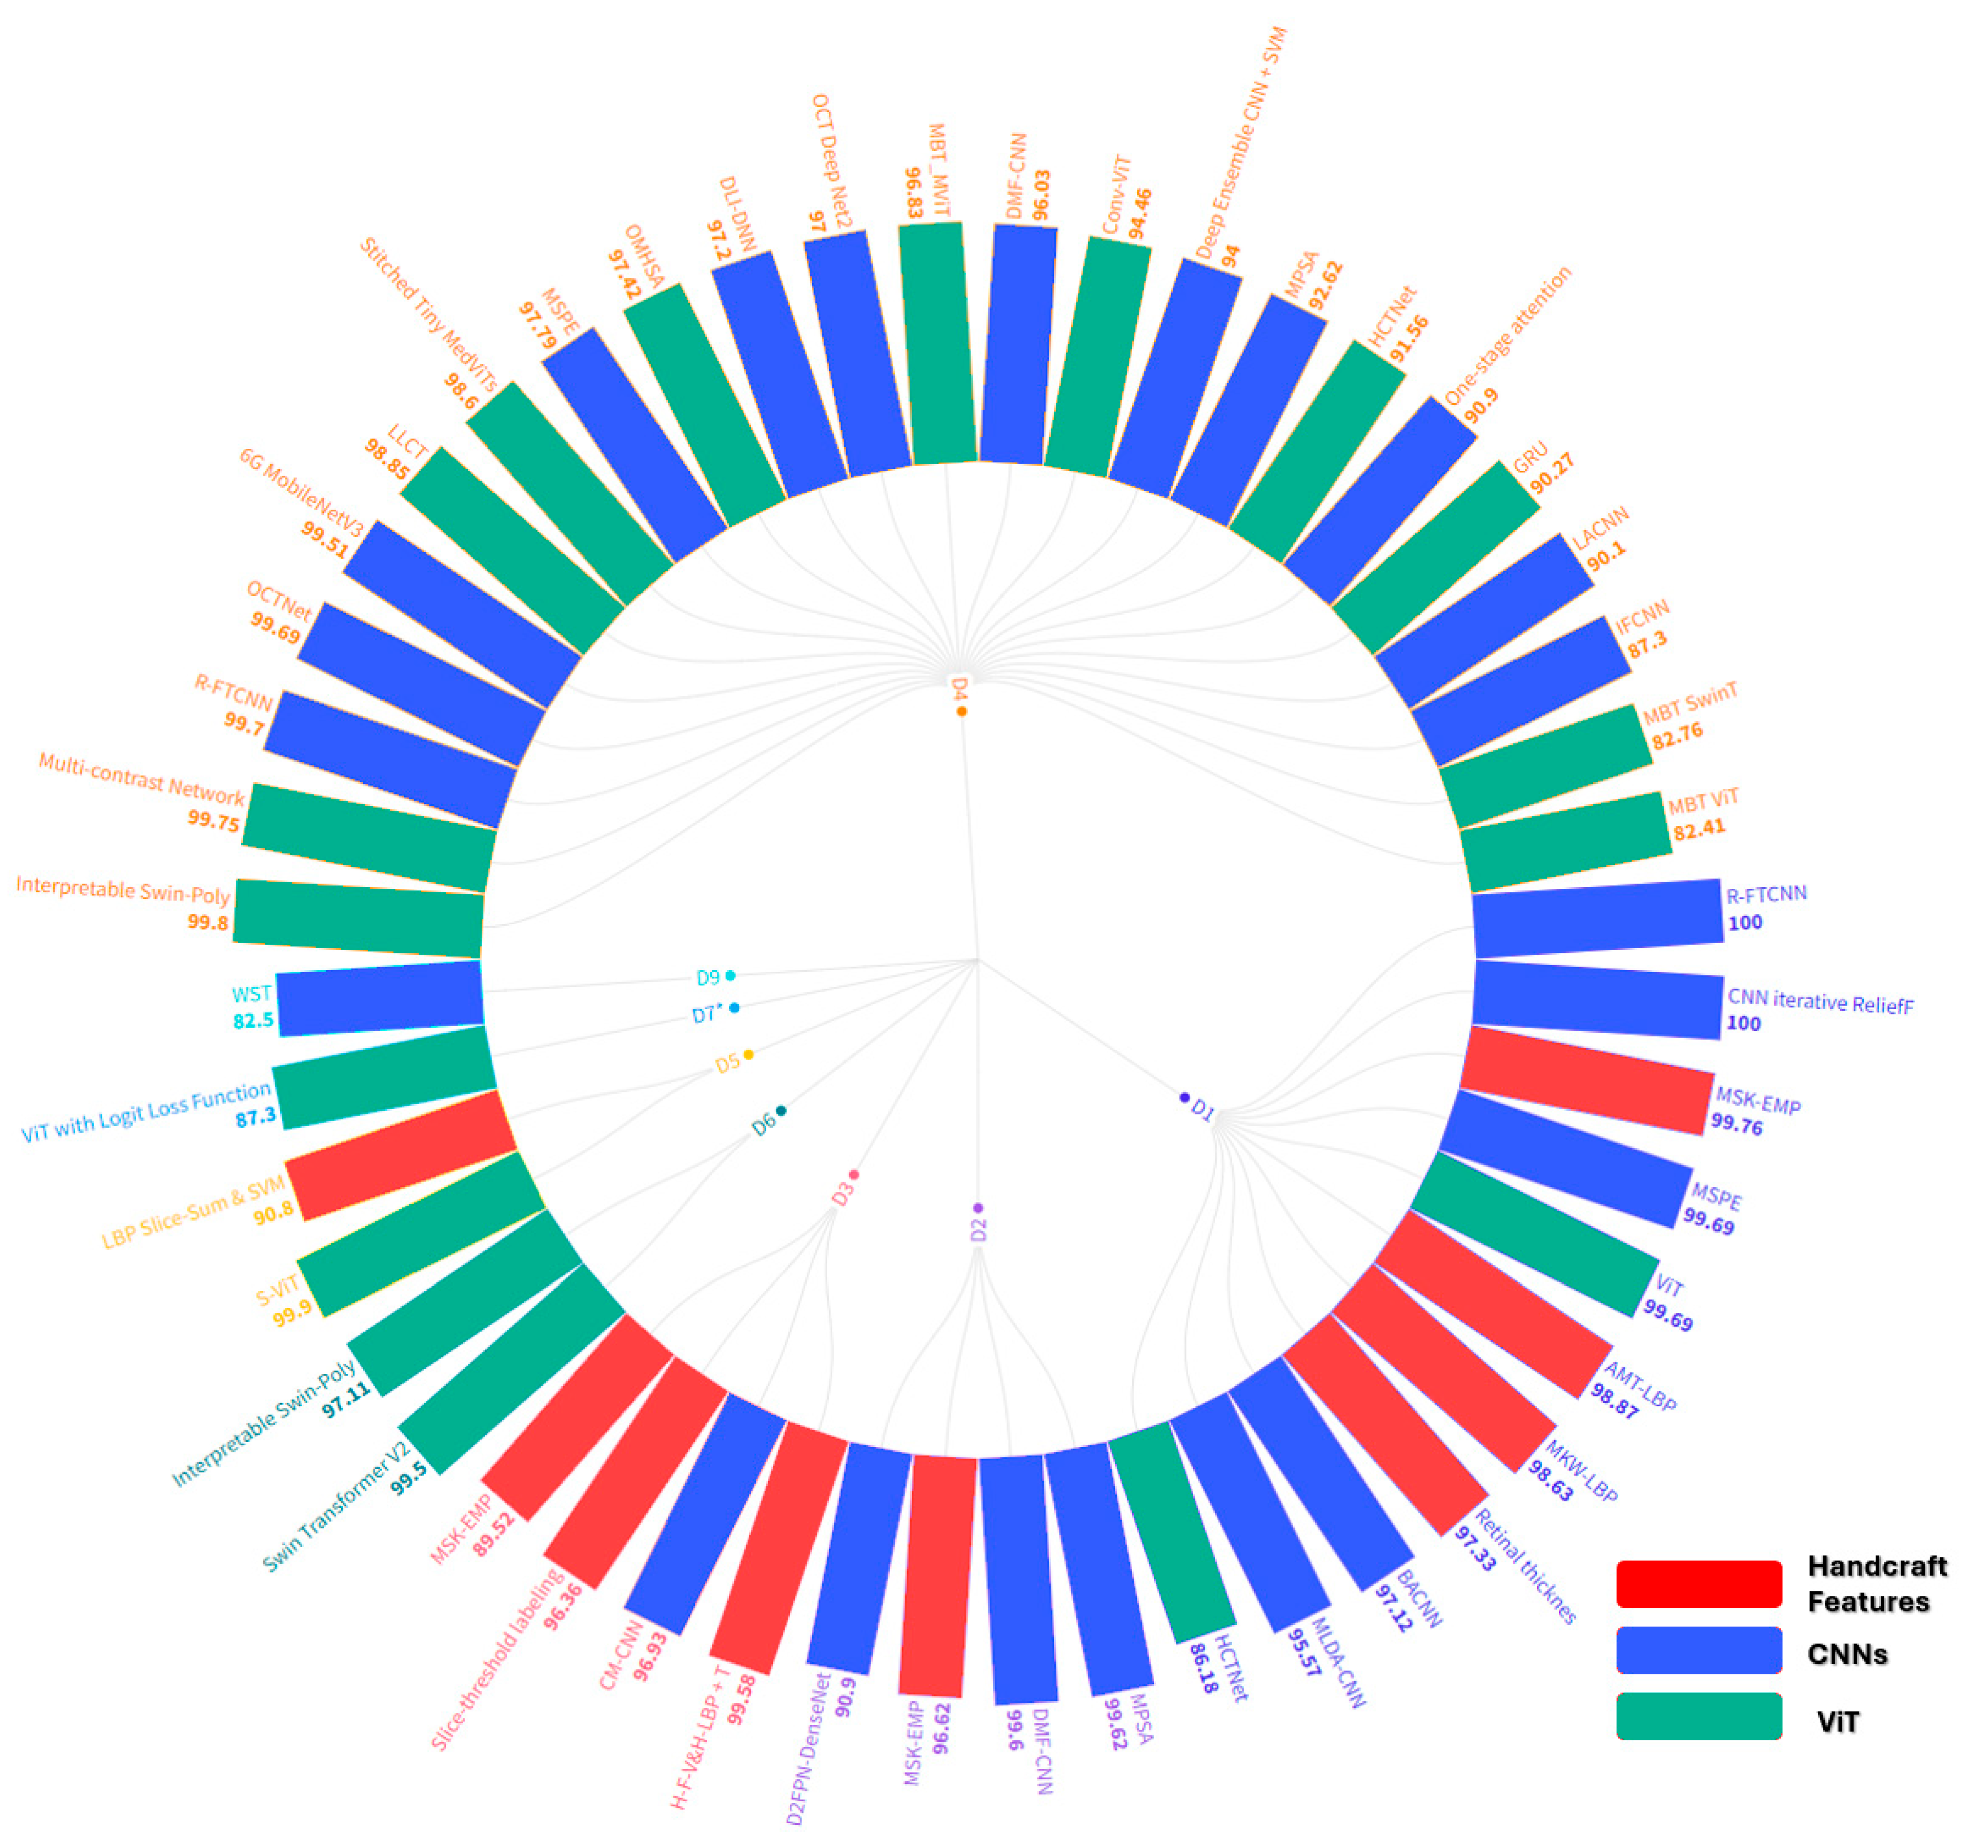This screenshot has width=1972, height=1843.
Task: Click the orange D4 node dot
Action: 961,711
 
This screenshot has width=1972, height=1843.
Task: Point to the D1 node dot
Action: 1183,1097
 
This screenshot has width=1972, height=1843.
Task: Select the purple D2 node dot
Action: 978,1207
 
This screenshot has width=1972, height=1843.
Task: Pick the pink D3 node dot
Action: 853,1174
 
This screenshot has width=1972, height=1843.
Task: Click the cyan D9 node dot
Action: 730,975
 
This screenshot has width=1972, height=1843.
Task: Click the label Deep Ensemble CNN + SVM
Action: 1240,144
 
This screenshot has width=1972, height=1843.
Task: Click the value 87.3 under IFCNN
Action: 1647,645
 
